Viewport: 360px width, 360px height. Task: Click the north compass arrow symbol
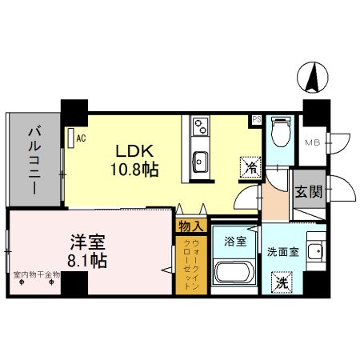click(314, 78)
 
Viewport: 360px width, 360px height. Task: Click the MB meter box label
click(313, 144)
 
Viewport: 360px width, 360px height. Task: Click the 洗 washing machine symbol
click(282, 282)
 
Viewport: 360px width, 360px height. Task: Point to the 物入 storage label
click(190, 226)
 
